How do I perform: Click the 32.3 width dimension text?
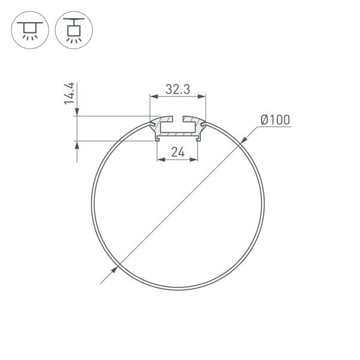(178, 90)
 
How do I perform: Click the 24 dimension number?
(178, 152)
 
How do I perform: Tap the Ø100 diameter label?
(275, 120)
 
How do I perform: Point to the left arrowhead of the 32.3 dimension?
(153, 96)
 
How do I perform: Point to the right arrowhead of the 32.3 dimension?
(203, 96)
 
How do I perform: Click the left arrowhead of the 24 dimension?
(160, 160)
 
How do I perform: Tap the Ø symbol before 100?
(264, 120)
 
